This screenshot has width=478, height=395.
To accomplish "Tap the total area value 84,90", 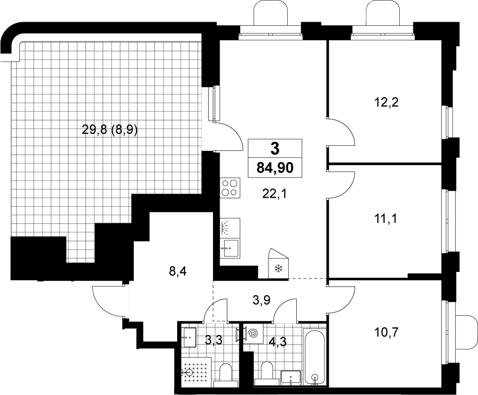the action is [275, 167].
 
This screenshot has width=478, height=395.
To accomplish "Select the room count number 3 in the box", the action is [275, 149].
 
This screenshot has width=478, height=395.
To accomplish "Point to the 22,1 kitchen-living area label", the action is [275, 193].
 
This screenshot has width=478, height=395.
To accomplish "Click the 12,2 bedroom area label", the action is [386, 102].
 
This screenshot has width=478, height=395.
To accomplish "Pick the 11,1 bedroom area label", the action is [386, 218].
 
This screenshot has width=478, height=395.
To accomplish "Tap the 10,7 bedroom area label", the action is [386, 331].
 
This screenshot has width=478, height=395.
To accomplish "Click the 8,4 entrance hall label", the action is [178, 270].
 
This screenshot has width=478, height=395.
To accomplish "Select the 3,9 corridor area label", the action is [262, 301].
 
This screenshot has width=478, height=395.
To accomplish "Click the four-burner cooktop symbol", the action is [230, 188].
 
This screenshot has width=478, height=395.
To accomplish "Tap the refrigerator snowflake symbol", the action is [278, 268].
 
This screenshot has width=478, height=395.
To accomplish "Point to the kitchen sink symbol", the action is [230, 248].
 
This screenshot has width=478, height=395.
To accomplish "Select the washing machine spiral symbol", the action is [252, 333].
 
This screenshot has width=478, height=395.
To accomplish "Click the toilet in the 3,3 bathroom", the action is [226, 375].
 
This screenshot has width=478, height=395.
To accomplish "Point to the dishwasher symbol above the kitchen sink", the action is [230, 228].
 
